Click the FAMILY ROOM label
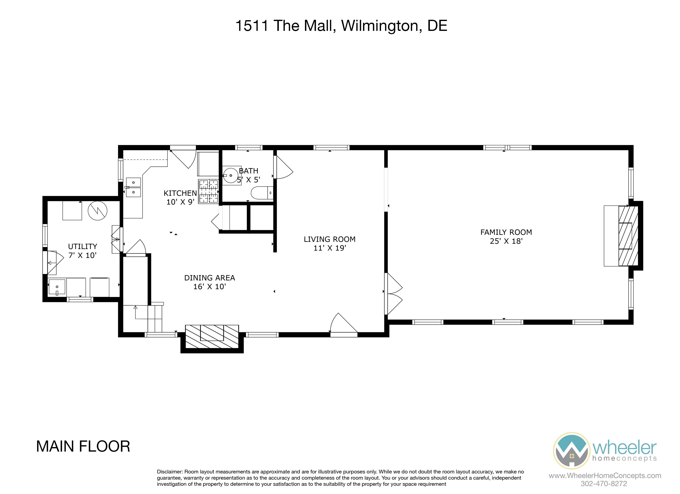(x=506, y=232)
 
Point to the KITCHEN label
(x=180, y=193)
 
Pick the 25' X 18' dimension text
(x=506, y=241)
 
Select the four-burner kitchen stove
(x=208, y=191)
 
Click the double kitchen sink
(x=133, y=188)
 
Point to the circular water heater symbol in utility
(x=97, y=211)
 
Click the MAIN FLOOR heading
(x=83, y=446)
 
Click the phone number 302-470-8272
(x=604, y=484)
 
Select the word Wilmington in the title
(x=379, y=26)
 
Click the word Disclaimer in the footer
(x=170, y=472)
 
